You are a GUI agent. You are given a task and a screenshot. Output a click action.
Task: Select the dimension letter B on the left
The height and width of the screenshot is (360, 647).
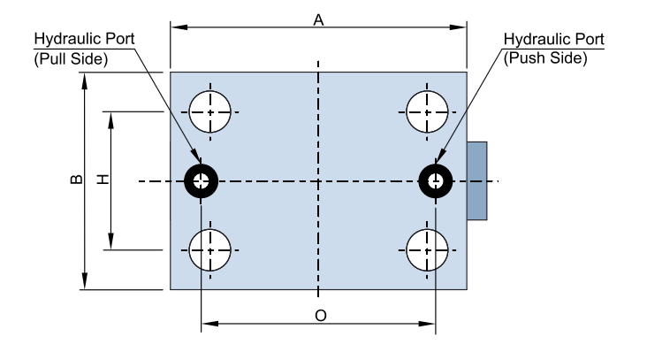(77, 180)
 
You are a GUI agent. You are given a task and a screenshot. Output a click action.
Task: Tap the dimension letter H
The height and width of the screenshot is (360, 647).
(103, 180)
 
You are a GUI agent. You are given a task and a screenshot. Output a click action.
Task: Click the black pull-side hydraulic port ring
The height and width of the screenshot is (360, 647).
(194, 182)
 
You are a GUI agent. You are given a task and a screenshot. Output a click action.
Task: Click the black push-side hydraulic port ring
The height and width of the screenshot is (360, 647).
(427, 182)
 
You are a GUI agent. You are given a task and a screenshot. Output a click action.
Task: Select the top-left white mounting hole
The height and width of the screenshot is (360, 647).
(211, 112)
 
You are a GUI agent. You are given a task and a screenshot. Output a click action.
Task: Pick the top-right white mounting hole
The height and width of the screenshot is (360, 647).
(427, 112)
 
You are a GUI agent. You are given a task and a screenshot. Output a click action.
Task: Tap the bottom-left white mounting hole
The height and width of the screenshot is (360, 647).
(211, 250)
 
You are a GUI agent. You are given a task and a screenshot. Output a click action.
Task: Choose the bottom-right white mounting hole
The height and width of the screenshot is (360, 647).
(427, 250)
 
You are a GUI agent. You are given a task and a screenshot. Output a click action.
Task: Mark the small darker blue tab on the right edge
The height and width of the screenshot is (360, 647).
(476, 180)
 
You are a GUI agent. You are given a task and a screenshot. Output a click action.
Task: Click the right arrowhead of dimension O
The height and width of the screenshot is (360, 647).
(430, 324)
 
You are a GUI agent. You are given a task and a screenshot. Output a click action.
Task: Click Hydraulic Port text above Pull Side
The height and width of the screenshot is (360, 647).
(83, 41)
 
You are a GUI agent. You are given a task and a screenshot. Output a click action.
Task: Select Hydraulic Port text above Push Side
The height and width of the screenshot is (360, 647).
(553, 41)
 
